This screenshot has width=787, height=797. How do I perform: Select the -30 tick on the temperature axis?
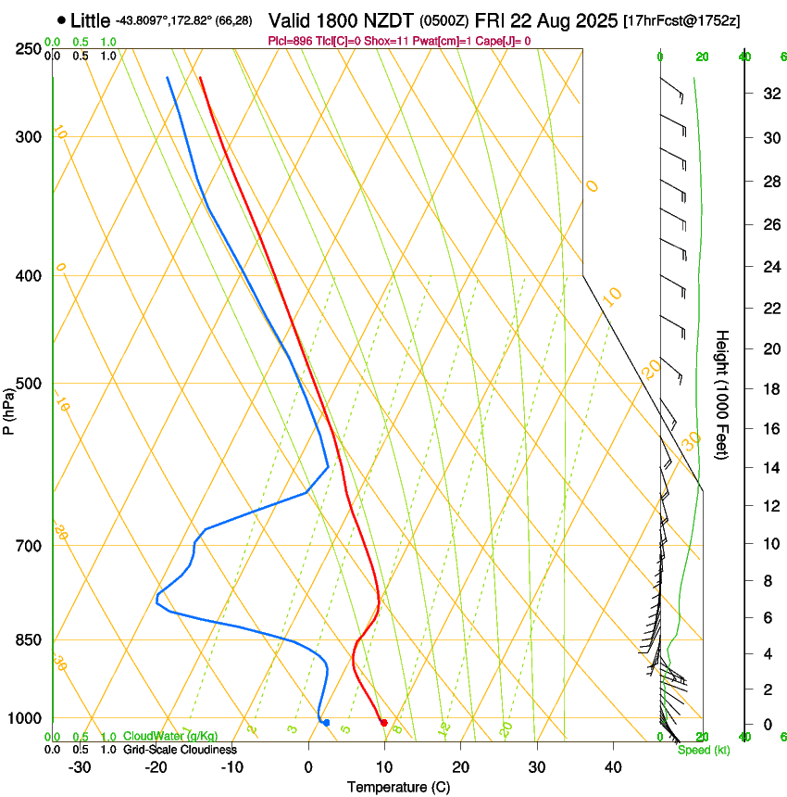80,766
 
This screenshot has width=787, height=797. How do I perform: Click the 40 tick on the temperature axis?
613,766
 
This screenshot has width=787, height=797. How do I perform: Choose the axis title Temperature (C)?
398,787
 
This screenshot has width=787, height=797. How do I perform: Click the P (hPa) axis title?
9,408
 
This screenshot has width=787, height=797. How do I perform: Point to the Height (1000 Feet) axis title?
723,395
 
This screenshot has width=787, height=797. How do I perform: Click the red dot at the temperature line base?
383,723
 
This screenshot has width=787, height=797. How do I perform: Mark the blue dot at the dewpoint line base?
326,723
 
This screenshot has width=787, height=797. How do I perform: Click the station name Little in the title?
90,19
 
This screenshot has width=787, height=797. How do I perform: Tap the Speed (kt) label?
704,750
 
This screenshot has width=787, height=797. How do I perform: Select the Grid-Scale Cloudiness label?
179,749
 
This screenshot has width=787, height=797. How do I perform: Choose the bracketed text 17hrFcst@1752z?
681,20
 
